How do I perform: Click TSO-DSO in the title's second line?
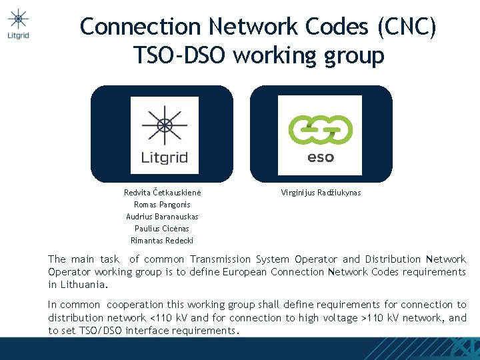click(x=180, y=55)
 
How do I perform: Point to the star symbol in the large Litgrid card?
click(x=164, y=124)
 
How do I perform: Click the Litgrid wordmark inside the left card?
click(x=164, y=158)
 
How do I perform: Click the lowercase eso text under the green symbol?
click(x=321, y=158)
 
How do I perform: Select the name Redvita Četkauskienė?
click(x=162, y=193)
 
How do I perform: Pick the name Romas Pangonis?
click(x=162, y=205)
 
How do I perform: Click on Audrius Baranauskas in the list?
click(x=162, y=217)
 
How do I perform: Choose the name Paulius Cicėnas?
click(x=162, y=229)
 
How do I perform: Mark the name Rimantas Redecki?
click(x=162, y=241)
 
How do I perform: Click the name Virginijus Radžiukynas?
click(x=321, y=193)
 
